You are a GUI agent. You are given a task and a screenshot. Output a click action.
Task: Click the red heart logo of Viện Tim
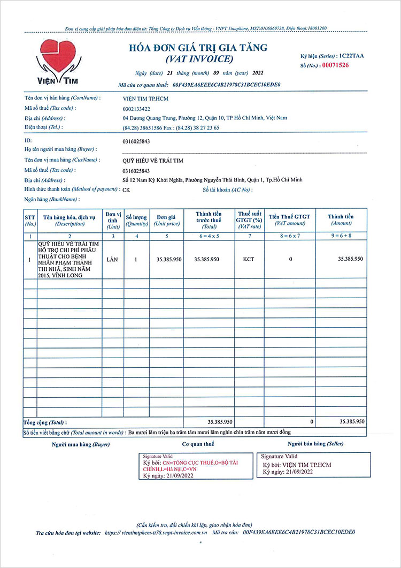tap(58, 54)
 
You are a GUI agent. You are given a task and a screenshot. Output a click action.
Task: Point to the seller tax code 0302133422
tap(137, 108)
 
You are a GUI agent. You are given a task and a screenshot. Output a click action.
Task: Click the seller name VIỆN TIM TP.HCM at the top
tap(145, 99)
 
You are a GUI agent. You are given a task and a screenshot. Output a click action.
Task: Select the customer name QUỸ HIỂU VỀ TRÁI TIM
tap(153, 160)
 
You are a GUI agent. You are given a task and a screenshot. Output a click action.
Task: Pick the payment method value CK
tap(126, 190)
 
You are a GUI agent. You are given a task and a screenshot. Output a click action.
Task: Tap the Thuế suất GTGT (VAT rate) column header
tap(248, 220)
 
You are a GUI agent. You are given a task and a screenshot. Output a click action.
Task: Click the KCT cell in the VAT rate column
tap(248, 259)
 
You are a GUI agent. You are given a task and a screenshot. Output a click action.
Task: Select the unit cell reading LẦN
tap(113, 259)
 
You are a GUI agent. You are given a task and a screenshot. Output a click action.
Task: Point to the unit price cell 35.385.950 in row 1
tap(168, 259)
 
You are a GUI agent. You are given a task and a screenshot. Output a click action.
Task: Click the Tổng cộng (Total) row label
tap(45, 422)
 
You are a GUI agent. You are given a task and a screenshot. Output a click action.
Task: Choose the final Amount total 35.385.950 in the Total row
tap(352, 422)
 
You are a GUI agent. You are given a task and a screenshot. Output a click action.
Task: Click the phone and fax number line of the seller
tap(171, 127)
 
